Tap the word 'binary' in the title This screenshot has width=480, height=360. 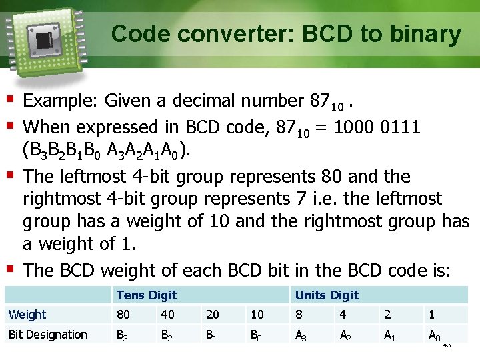click(426, 33)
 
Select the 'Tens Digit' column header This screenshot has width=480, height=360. click(146, 295)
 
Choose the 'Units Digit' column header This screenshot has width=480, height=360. click(327, 295)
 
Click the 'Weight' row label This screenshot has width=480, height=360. click(27, 314)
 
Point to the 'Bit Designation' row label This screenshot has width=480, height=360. click(47, 335)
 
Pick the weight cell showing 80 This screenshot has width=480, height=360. click(123, 314)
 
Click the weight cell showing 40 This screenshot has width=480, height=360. click(167, 314)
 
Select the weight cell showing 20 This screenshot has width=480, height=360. click(213, 314)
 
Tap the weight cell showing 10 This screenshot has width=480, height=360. click(257, 314)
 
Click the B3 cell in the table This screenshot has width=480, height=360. click(123, 335)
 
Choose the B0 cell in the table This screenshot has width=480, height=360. click(257, 335)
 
